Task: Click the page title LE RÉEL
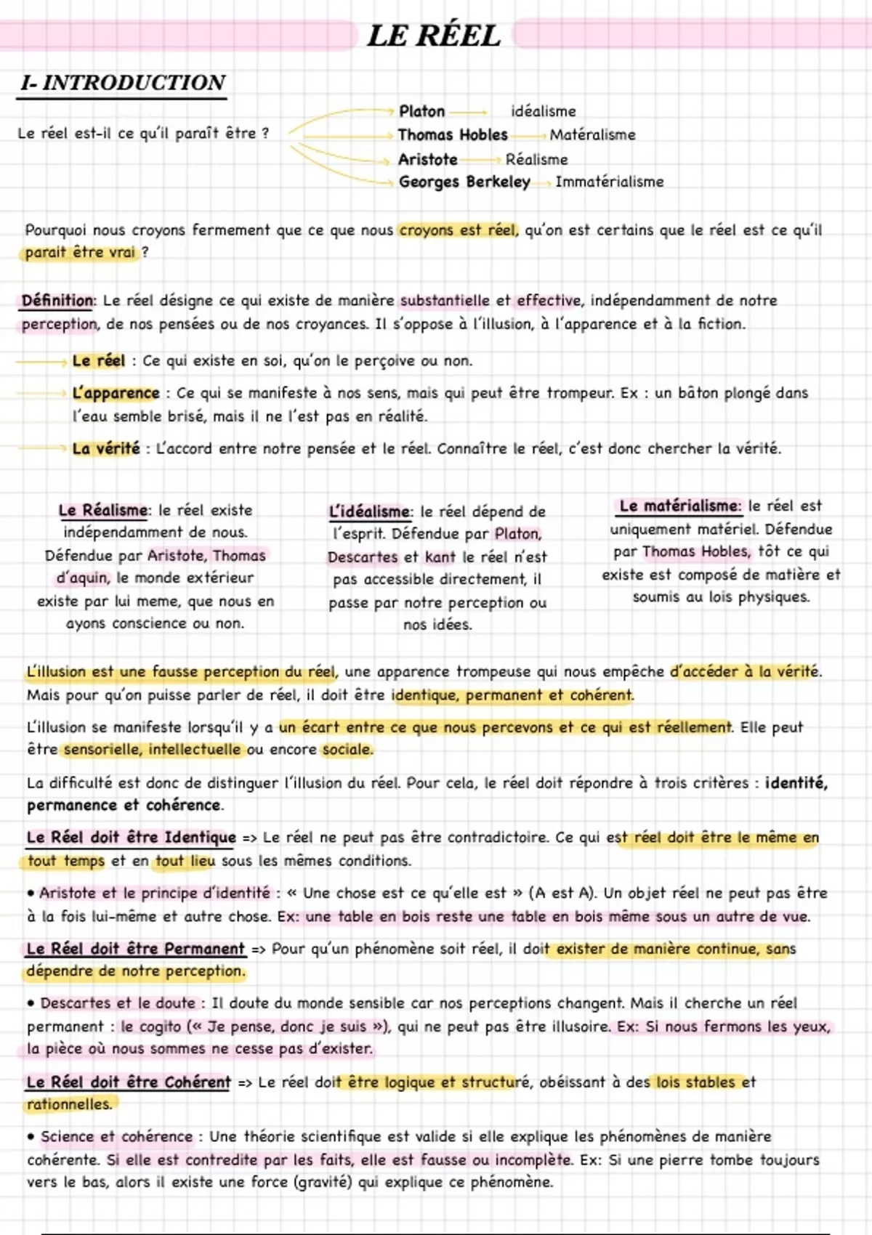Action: coord(434,36)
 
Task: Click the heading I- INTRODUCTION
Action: coord(123,83)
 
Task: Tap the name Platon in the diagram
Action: coord(421,111)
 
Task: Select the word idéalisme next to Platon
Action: coord(543,111)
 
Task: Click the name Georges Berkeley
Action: coord(464,182)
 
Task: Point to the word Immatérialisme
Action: coord(609,182)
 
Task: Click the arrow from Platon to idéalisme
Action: coord(469,113)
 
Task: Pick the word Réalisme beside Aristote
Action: coord(536,159)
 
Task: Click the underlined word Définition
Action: coord(57,301)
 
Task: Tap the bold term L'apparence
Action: coord(116,393)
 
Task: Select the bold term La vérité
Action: coord(105,448)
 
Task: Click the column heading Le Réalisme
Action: coord(102,510)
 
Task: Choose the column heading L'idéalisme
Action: coord(369,511)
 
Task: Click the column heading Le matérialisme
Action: coord(679,506)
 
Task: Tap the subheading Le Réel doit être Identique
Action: coord(131,838)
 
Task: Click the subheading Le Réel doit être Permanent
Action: coord(135,949)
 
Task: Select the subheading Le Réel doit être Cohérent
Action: coord(128,1082)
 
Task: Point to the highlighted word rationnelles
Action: coord(70,1104)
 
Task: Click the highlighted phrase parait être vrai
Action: coord(80,252)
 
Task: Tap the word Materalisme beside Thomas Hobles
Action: coord(592,134)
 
